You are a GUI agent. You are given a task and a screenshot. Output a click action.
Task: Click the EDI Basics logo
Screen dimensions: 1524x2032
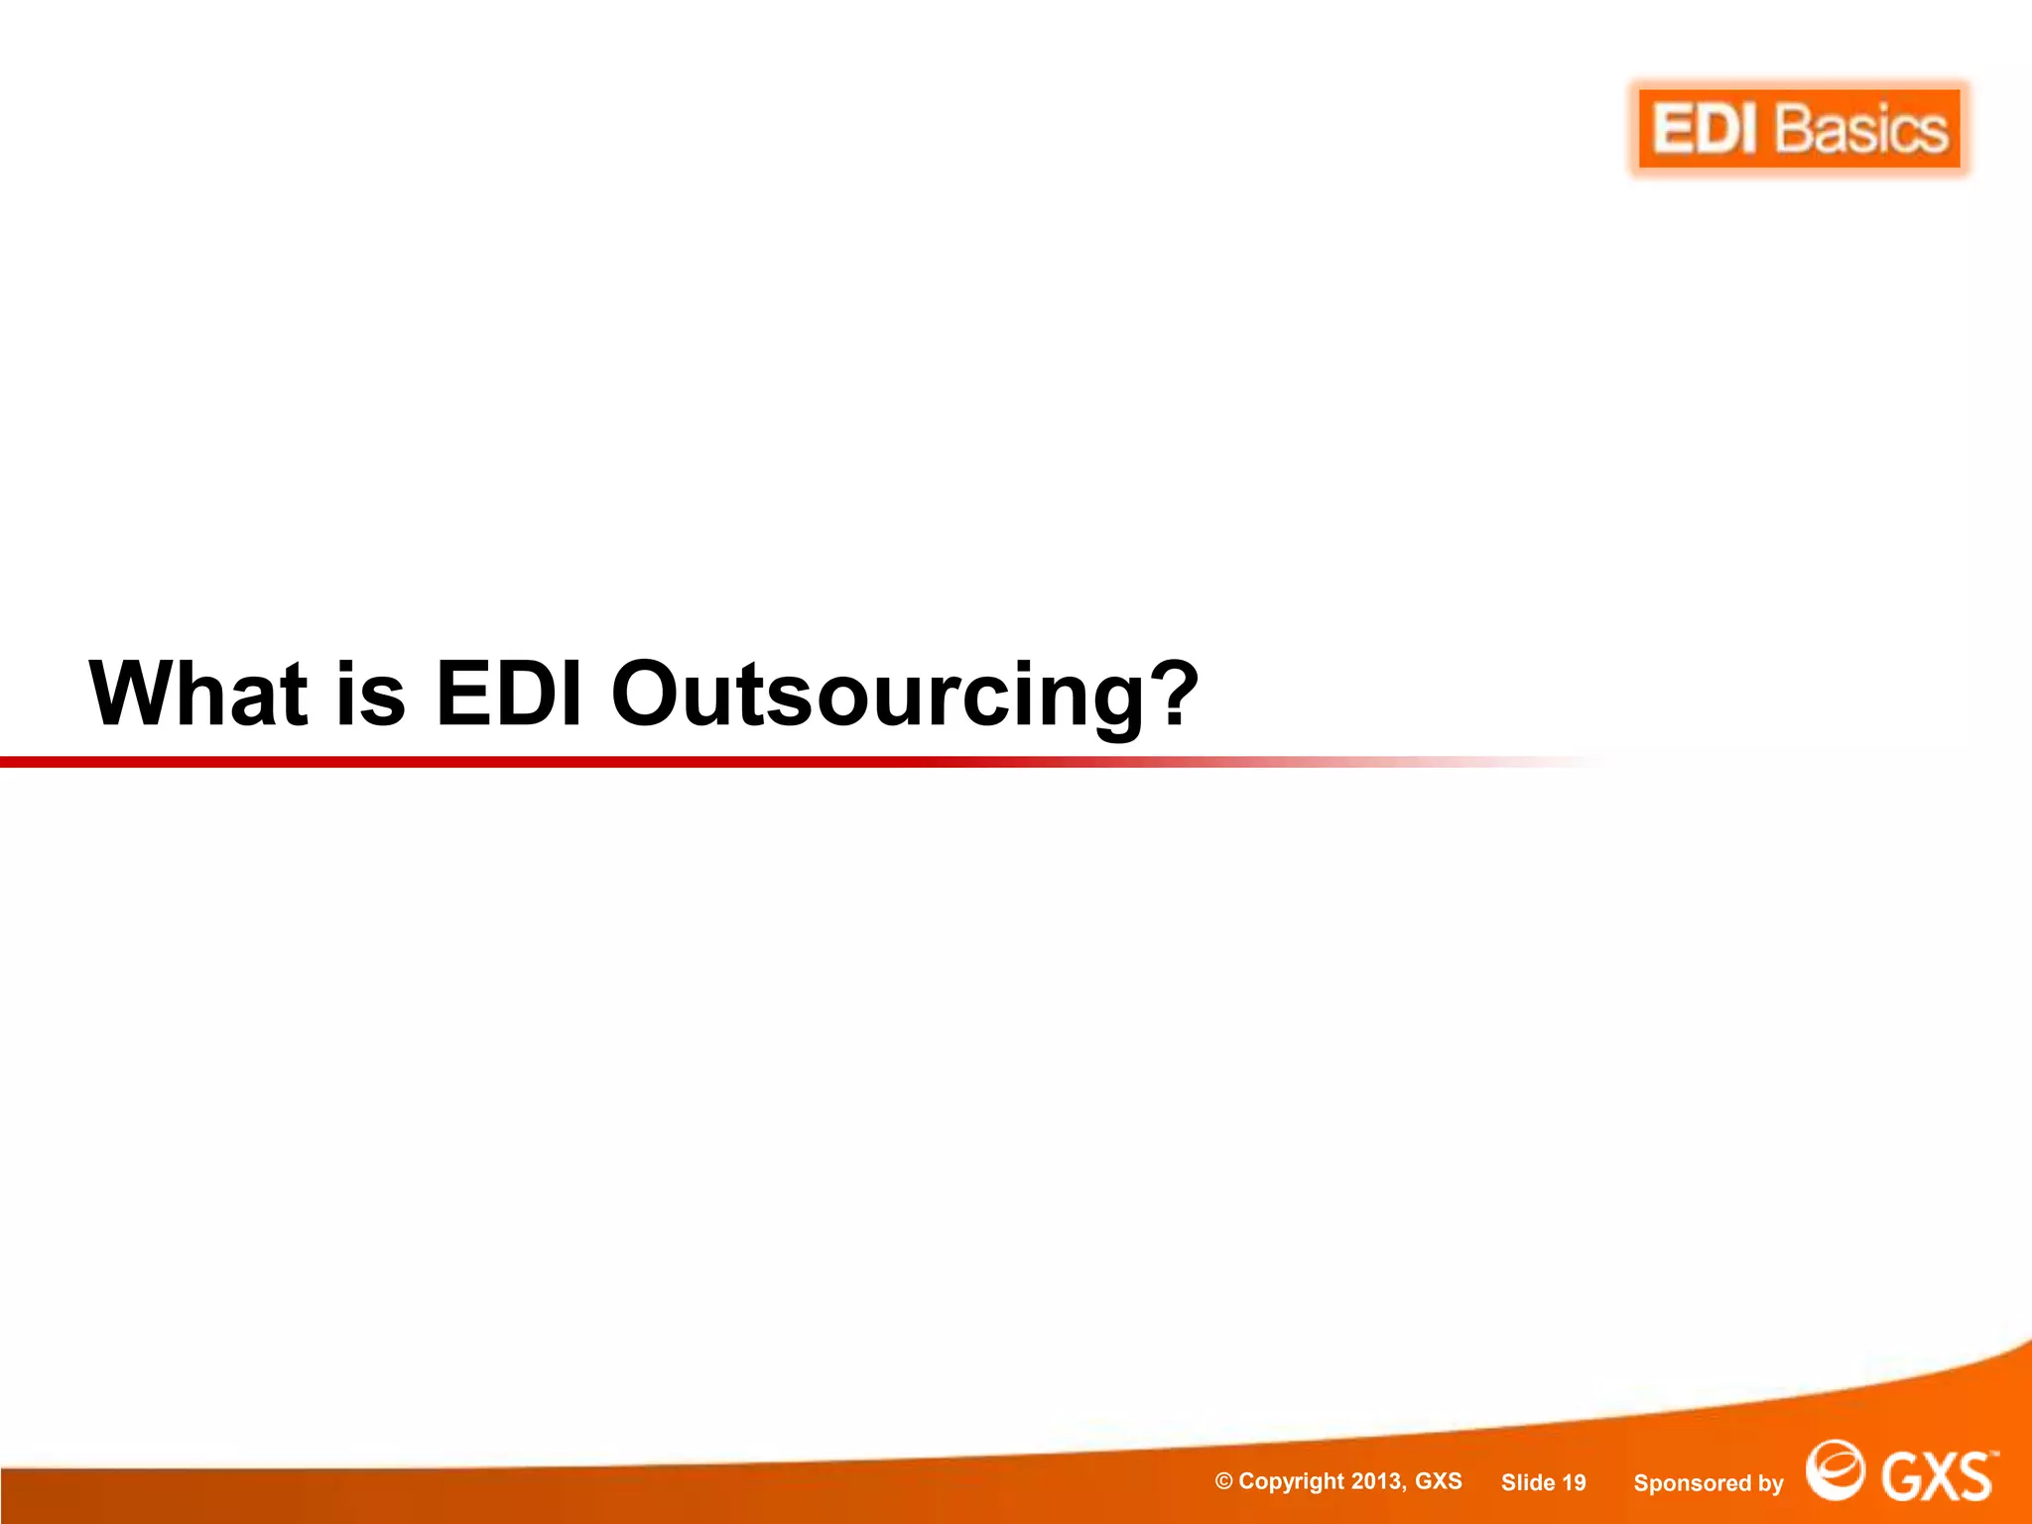point(1799,129)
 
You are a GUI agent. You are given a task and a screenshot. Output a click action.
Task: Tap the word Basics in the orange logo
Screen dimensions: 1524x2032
point(1861,130)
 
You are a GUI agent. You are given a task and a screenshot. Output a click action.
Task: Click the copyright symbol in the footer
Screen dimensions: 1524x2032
point(1223,1482)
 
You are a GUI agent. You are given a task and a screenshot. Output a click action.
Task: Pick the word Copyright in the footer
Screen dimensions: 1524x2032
point(1291,1482)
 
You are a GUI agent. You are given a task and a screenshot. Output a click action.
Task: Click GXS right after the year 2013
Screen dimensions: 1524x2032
point(1438,1481)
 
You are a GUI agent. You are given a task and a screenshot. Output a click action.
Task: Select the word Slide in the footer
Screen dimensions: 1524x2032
point(1527,1483)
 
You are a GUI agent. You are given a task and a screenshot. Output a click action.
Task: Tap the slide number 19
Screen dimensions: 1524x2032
point(1574,1483)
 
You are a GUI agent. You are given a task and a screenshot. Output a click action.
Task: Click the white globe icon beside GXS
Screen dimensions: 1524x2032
point(1835,1469)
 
